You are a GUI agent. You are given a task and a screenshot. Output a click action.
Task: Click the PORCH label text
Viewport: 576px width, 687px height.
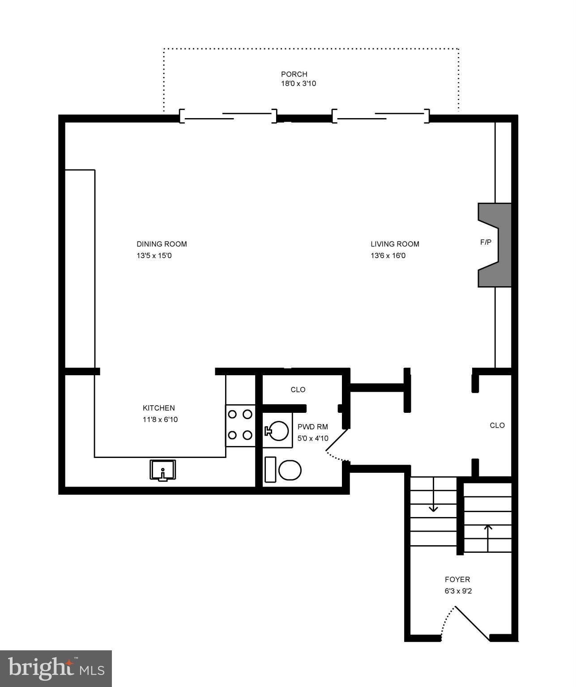point(294,74)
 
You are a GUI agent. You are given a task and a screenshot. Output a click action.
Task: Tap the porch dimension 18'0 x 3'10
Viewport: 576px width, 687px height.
point(299,84)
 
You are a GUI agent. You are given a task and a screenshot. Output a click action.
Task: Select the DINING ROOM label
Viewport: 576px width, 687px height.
point(162,244)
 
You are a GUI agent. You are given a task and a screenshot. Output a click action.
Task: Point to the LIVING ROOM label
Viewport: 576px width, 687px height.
point(395,244)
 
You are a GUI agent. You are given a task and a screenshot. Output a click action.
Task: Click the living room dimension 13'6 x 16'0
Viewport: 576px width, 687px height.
point(388,255)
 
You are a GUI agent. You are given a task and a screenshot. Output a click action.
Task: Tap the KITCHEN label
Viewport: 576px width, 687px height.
point(159,407)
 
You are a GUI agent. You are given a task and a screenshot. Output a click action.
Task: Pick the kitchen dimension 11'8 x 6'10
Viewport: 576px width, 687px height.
point(160,419)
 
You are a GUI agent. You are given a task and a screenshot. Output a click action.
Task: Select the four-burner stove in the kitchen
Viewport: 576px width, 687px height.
point(240,425)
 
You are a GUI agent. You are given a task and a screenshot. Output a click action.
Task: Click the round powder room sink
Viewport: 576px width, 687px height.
point(277,431)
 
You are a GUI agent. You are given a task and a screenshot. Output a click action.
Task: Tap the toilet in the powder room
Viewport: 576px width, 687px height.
point(283,470)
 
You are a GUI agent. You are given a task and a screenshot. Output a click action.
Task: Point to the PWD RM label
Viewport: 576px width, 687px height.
point(312,427)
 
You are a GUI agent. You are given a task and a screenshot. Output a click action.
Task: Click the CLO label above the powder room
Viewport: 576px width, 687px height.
point(298,390)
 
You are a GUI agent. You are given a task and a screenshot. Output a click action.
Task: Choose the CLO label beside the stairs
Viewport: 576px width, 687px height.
point(497,425)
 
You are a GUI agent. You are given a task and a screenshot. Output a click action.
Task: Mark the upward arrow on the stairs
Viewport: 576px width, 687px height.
point(488,538)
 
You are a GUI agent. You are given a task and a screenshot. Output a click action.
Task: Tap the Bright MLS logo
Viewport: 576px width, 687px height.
point(56,669)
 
